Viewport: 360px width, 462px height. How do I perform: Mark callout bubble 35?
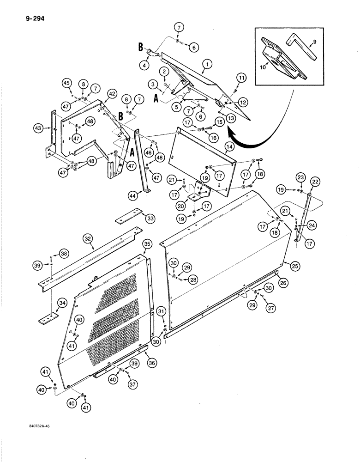tap(146, 243)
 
